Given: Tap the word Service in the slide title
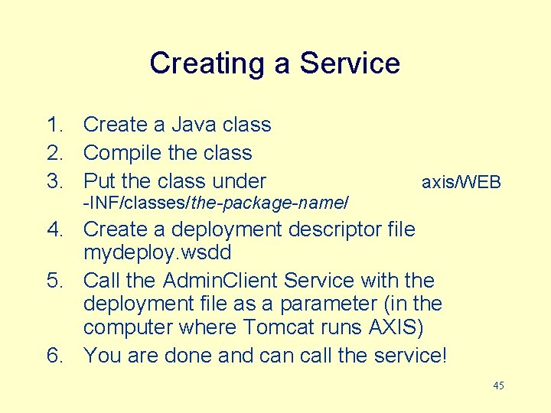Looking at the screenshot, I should (350, 63).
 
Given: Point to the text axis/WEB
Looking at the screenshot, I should (461, 182).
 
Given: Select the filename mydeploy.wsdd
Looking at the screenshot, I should (157, 252).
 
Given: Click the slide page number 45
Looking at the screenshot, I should (498, 386).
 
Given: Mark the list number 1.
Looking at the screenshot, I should (54, 125).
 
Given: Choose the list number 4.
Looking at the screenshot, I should (54, 229).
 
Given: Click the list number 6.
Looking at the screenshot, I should (54, 356).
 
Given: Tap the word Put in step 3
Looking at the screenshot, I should (99, 182).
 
